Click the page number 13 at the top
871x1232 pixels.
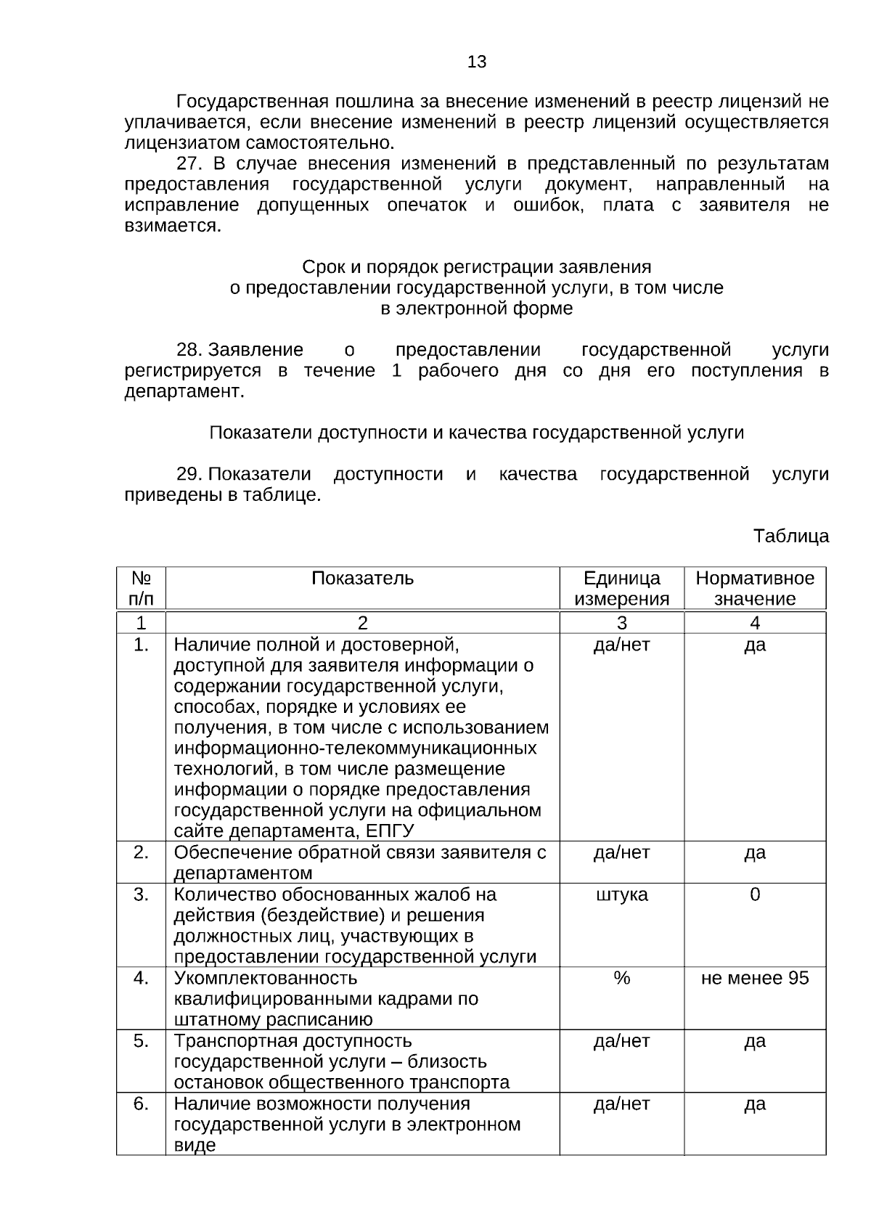click(x=477, y=62)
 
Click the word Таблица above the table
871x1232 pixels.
click(x=790, y=537)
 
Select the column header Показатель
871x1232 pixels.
click(x=362, y=579)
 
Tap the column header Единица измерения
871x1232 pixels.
click(x=621, y=589)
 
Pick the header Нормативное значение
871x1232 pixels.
click(x=755, y=589)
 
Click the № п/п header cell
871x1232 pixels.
click(x=141, y=589)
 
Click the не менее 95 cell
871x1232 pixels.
click(x=755, y=978)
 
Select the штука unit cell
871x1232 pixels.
click(x=621, y=894)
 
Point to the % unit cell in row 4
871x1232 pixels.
click(x=621, y=978)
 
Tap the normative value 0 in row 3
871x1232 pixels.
click(x=755, y=894)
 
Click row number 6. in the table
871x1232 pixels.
click(x=141, y=1104)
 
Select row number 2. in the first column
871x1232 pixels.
click(x=141, y=852)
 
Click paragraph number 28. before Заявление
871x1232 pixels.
click(x=189, y=351)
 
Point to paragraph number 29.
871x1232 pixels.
click(x=189, y=475)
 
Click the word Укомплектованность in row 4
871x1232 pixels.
click(x=266, y=978)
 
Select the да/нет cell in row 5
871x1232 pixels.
click(x=621, y=1041)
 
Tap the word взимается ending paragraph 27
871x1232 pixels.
click(x=172, y=226)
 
